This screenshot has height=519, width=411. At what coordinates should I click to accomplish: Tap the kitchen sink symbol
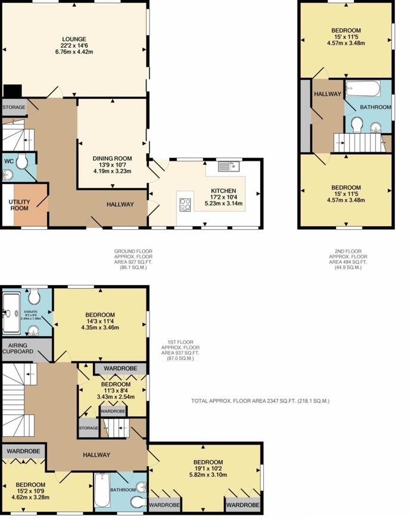(228, 167)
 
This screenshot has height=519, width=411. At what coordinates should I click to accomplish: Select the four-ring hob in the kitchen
(185, 204)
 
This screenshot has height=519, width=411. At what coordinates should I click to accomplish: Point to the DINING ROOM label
(112, 158)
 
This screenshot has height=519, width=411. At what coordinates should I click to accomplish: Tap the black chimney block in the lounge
(12, 91)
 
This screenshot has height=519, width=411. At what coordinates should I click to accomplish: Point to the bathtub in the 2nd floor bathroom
(362, 90)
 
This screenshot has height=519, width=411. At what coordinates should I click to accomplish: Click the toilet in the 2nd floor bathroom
(357, 124)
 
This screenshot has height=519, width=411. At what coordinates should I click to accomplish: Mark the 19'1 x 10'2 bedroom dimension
(208, 470)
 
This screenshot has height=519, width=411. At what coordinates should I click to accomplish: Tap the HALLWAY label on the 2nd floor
(327, 94)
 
